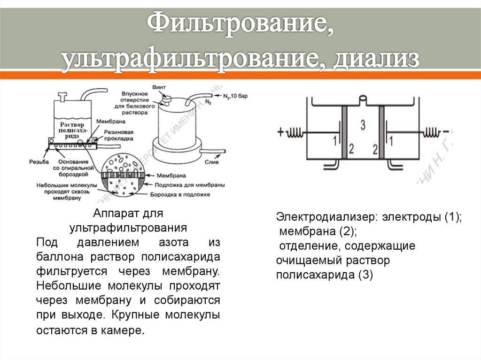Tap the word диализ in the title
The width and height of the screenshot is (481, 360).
pos(376,60)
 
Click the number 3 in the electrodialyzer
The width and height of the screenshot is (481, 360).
pos(362,125)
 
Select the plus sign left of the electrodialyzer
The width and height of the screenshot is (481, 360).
pos(281,132)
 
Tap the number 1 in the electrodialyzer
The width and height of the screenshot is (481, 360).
pos(334,140)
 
